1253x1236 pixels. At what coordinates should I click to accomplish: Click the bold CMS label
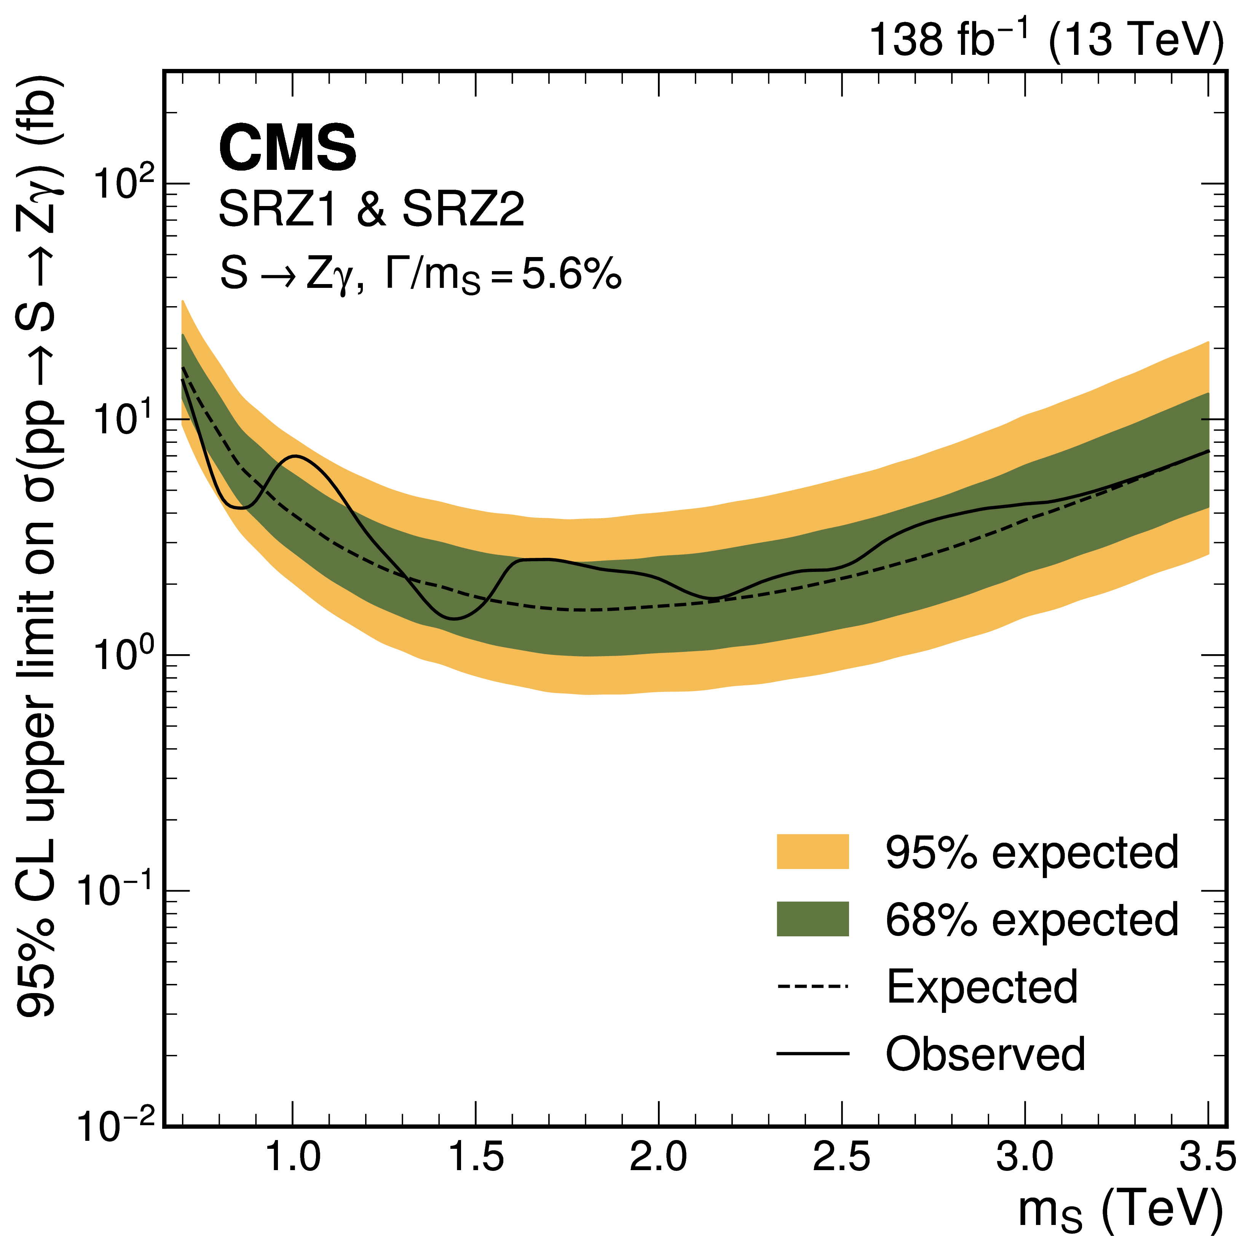point(287,149)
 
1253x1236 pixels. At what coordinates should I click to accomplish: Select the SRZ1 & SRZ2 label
point(371,209)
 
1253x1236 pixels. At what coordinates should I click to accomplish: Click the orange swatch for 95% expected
point(812,851)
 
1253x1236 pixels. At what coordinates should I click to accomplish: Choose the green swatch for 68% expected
point(812,919)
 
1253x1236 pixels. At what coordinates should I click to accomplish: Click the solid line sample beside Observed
point(812,1054)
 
